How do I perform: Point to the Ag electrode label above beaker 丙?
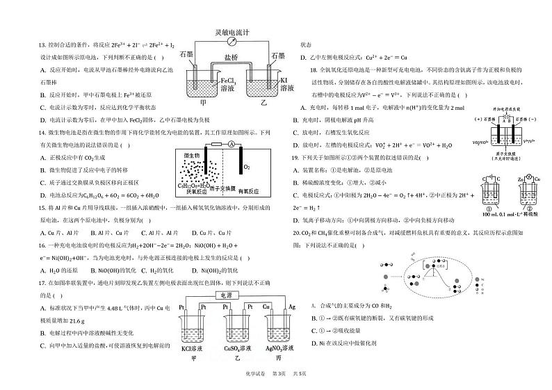click(x=292, y=307)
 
